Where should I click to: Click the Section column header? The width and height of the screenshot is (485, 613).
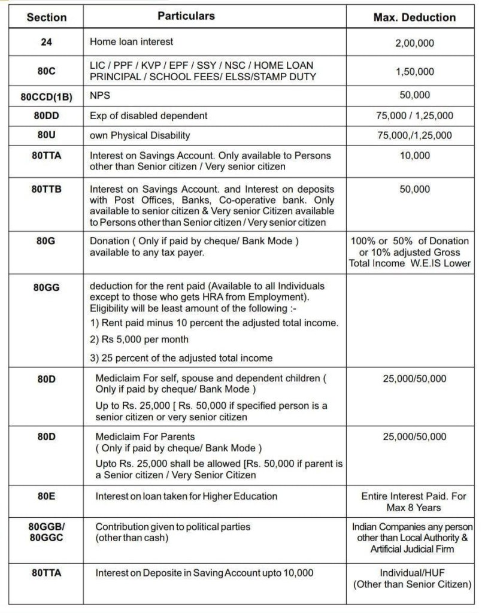tap(46, 17)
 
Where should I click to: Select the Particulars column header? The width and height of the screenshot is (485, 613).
tap(186, 16)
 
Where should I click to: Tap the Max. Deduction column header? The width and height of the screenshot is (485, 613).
tap(414, 17)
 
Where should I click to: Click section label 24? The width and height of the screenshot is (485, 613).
tap(46, 43)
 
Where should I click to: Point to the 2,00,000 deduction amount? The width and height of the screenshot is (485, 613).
tap(414, 43)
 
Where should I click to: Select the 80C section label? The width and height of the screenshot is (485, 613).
tap(46, 71)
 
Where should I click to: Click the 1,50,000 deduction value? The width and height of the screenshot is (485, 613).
tap(414, 72)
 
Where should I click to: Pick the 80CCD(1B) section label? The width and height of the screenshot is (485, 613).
tap(46, 96)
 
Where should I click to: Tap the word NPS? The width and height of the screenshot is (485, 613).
tap(101, 95)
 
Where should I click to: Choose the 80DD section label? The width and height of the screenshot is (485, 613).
tap(46, 116)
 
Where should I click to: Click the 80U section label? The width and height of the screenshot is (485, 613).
tap(46, 135)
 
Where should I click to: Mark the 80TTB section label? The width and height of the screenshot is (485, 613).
tap(46, 189)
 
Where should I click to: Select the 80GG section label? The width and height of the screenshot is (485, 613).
tap(46, 287)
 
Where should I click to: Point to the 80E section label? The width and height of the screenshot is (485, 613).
tap(46, 496)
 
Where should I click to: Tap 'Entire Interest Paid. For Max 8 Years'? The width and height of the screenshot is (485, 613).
tap(414, 502)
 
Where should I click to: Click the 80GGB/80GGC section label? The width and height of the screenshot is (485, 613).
tap(46, 532)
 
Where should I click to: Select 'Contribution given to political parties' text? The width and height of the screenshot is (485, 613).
tap(173, 527)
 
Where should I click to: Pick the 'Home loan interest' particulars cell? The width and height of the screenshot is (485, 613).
tap(131, 43)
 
